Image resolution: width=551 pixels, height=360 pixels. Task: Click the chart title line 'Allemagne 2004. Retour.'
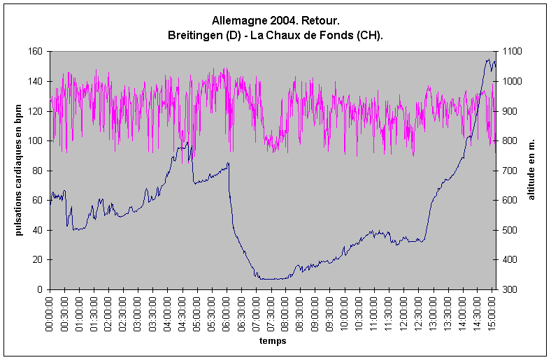pyautogui.click(x=275, y=22)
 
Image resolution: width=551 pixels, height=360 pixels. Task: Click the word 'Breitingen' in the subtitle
pyautogui.click(x=192, y=35)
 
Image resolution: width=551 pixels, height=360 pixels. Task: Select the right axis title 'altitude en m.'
pyautogui.click(x=531, y=170)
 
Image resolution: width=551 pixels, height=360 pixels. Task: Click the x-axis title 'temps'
pyautogui.click(x=272, y=343)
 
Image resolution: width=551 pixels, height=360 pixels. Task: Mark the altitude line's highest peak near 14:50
pyautogui.click(x=487, y=60)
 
